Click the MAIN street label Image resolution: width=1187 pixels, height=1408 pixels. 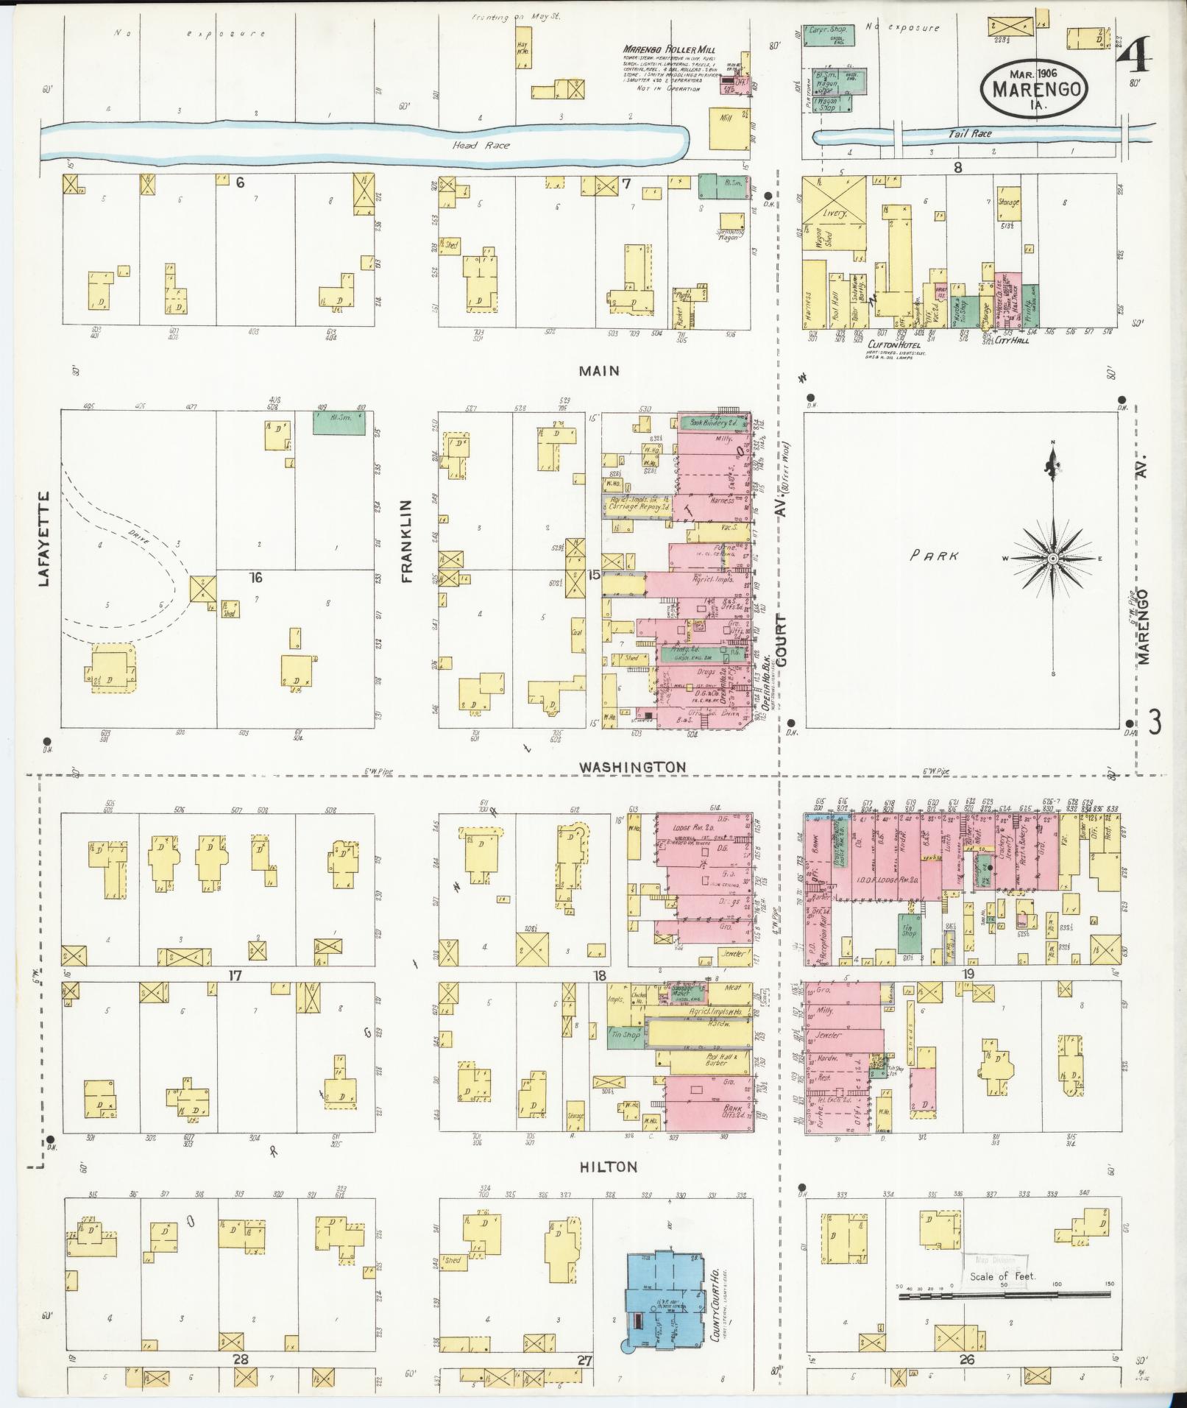(598, 371)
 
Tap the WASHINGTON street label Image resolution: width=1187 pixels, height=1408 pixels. (632, 767)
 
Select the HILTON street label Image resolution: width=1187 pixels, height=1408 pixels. (607, 1167)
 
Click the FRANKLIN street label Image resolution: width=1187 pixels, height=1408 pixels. (408, 541)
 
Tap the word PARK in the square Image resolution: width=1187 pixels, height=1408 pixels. (934, 556)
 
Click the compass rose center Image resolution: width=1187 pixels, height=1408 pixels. (1053, 559)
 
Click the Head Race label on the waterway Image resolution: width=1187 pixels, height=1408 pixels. (481, 146)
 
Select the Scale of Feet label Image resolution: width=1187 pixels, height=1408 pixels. (1002, 1276)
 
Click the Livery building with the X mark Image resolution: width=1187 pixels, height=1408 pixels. (834, 199)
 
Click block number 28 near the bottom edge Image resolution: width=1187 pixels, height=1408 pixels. (241, 1361)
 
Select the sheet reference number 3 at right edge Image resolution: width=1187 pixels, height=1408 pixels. (1155, 722)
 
